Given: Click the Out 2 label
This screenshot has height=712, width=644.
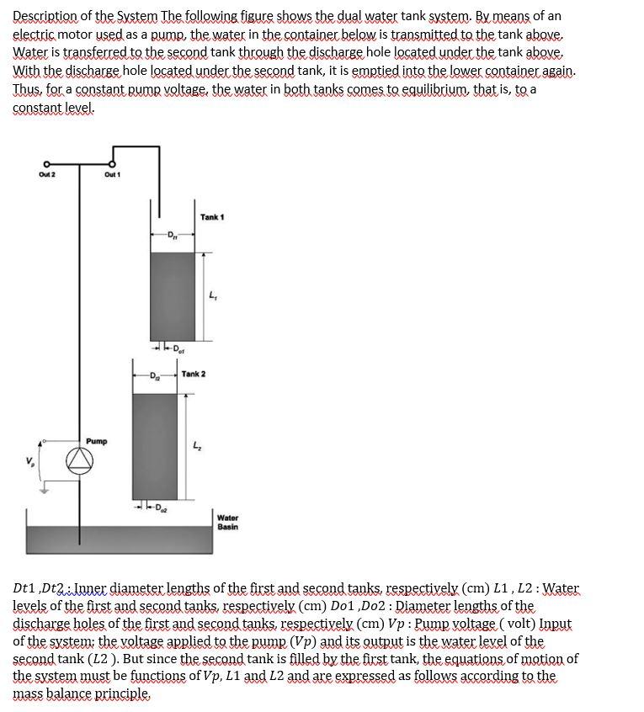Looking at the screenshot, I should [46, 174].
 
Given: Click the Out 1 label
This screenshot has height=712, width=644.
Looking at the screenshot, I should [112, 174].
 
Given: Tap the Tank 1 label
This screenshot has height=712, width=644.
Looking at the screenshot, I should [212, 217].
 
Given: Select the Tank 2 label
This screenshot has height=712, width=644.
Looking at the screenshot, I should [194, 374].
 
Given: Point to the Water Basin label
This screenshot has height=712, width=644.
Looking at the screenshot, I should [227, 523].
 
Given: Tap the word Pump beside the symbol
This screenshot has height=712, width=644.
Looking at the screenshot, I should [96, 441].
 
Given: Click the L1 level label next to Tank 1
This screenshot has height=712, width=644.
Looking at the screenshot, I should [211, 294].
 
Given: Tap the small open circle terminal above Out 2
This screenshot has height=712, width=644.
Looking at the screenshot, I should [46, 163].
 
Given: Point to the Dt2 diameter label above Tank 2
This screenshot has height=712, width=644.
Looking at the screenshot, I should [155, 374].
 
